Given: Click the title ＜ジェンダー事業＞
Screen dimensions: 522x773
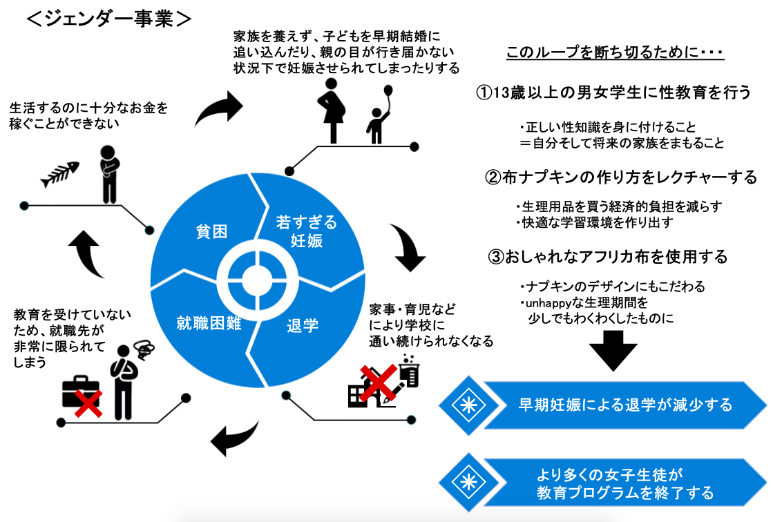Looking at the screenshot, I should click(x=108, y=19).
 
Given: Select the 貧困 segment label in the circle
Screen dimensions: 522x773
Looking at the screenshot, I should click(x=211, y=231).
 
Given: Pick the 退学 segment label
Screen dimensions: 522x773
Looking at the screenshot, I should click(x=303, y=325).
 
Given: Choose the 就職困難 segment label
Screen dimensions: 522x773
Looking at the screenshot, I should click(x=209, y=322).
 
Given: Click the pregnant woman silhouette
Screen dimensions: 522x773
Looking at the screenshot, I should click(x=332, y=110).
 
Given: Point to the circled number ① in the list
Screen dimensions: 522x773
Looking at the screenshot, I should click(x=485, y=93).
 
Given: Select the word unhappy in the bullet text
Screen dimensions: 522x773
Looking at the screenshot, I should click(x=549, y=302).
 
